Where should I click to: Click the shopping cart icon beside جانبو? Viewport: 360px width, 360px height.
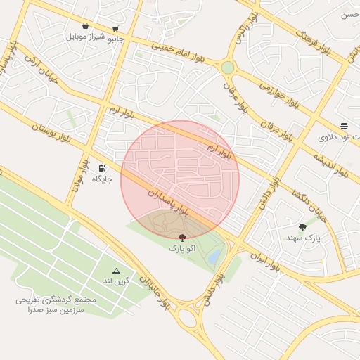[115, 30]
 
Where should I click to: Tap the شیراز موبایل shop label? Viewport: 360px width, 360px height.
[86, 37]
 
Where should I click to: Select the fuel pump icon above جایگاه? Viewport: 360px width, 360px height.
[103, 168]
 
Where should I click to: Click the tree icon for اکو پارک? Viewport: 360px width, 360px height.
[183, 238]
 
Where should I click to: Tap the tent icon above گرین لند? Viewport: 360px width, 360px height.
[117, 271]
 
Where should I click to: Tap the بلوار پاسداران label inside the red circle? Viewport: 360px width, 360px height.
[169, 202]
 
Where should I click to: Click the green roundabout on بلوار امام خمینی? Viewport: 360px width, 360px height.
[227, 67]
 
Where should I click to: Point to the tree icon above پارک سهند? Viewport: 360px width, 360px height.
[302, 226]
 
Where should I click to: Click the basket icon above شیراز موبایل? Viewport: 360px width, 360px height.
[85, 25]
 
